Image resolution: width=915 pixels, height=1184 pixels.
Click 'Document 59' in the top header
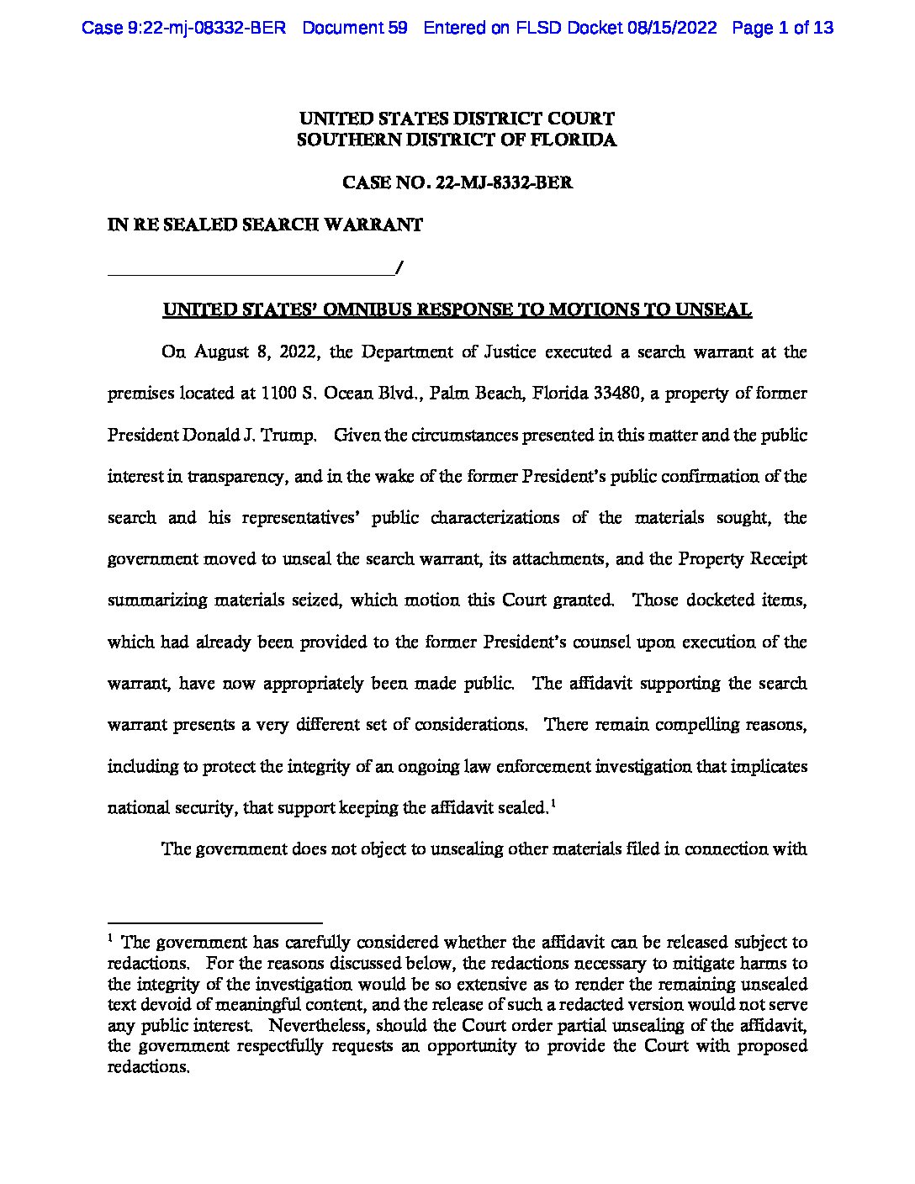[354, 28]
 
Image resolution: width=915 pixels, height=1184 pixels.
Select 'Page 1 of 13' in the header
[782, 28]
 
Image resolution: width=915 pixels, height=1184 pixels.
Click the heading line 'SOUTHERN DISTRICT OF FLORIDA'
[457, 140]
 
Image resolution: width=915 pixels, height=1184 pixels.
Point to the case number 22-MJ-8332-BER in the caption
[505, 182]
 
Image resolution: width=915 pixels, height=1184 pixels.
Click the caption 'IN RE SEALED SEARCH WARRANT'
[265, 225]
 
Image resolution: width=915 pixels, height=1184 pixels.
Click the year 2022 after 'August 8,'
[298, 352]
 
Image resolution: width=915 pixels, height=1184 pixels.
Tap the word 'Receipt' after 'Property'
[776, 559]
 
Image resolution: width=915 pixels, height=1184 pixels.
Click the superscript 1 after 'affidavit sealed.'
[553, 804]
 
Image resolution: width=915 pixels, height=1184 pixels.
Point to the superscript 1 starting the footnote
[110, 938]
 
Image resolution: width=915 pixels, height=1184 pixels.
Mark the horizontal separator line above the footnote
[215, 922]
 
